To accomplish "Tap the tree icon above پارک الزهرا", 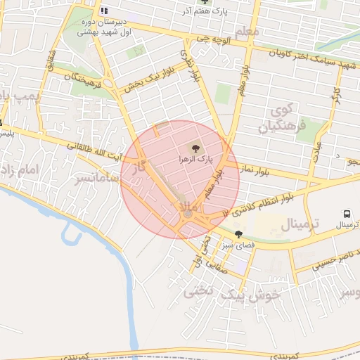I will coord(193,148).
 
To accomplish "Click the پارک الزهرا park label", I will coord(193,160).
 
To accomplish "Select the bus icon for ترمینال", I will coord(347,214).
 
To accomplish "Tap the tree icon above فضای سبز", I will coord(239,234).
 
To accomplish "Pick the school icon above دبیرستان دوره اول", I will coord(104,11).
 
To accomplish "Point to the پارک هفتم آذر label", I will coord(212,11).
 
